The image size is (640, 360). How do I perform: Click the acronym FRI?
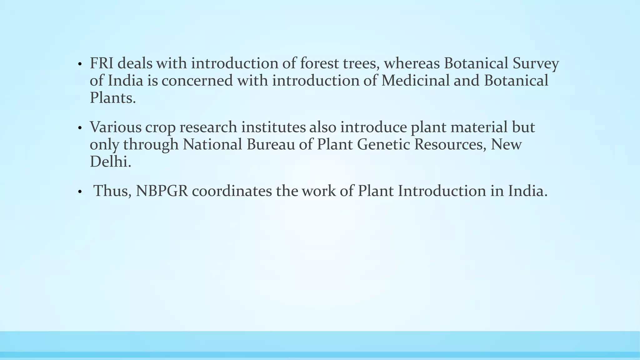[101, 63]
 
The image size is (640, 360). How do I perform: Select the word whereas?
[412, 63]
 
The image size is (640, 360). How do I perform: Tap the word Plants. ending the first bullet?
[113, 98]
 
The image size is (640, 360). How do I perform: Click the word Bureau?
[271, 144]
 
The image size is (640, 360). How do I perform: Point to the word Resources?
[450, 144]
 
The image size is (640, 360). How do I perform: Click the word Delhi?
[110, 162]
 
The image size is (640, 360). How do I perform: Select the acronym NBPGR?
[162, 191]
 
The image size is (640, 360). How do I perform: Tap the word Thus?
[112, 191]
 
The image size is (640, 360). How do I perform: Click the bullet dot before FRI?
[80, 65]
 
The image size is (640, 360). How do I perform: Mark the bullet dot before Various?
[80, 128]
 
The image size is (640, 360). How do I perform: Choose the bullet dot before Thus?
[80, 192]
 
